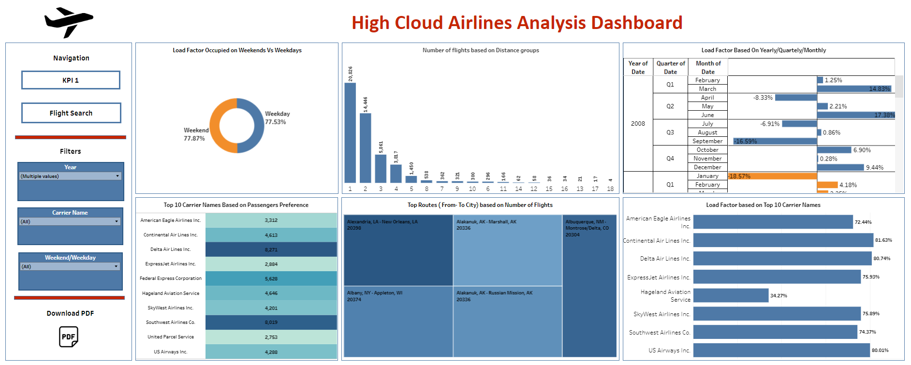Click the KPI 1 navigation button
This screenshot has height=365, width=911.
(x=71, y=80)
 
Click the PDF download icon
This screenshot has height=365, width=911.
(x=69, y=336)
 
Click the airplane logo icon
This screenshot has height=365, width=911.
(x=69, y=22)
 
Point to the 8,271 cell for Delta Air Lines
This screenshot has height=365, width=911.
(x=271, y=249)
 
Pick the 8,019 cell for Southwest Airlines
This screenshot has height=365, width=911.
(x=271, y=322)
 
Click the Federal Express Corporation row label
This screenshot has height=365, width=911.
(x=171, y=278)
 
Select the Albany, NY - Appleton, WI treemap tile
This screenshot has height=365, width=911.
(x=398, y=321)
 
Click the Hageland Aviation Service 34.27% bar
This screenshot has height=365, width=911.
(x=731, y=295)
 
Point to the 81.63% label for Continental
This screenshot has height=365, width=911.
(x=883, y=240)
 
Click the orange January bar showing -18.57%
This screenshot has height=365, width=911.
(x=772, y=176)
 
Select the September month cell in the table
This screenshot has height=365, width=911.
(x=707, y=141)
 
